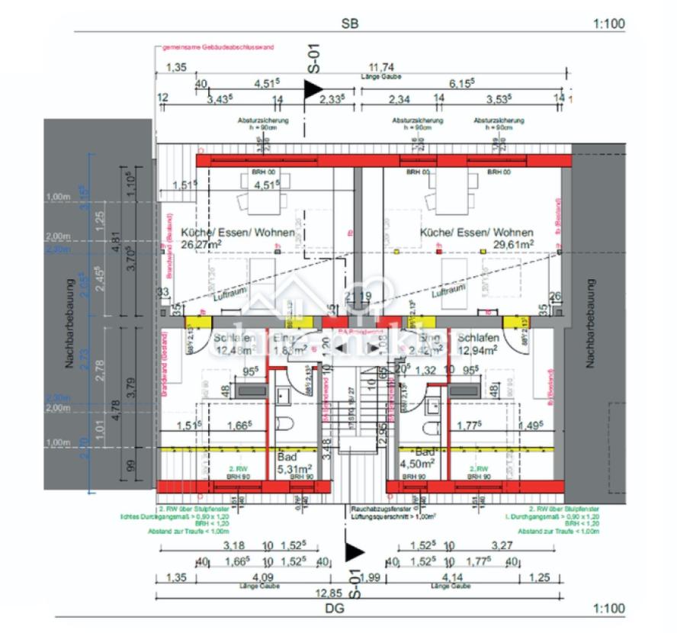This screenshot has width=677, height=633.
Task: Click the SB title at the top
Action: pyautogui.click(x=350, y=24)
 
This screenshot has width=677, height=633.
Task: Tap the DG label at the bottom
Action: pyautogui.click(x=334, y=608)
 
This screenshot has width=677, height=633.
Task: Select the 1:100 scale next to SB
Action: pyautogui.click(x=608, y=24)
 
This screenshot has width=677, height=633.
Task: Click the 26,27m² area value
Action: pyautogui.click(x=201, y=245)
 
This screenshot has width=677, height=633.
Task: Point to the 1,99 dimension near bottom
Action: pyautogui.click(x=369, y=579)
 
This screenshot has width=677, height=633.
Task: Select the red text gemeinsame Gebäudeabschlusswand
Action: pyautogui.click(x=217, y=47)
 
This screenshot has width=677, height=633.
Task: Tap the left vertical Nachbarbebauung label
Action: pyautogui.click(x=68, y=323)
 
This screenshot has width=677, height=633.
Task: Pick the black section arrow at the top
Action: pyautogui.click(x=313, y=89)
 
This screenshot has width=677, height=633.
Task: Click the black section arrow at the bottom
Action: pyautogui.click(x=354, y=551)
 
